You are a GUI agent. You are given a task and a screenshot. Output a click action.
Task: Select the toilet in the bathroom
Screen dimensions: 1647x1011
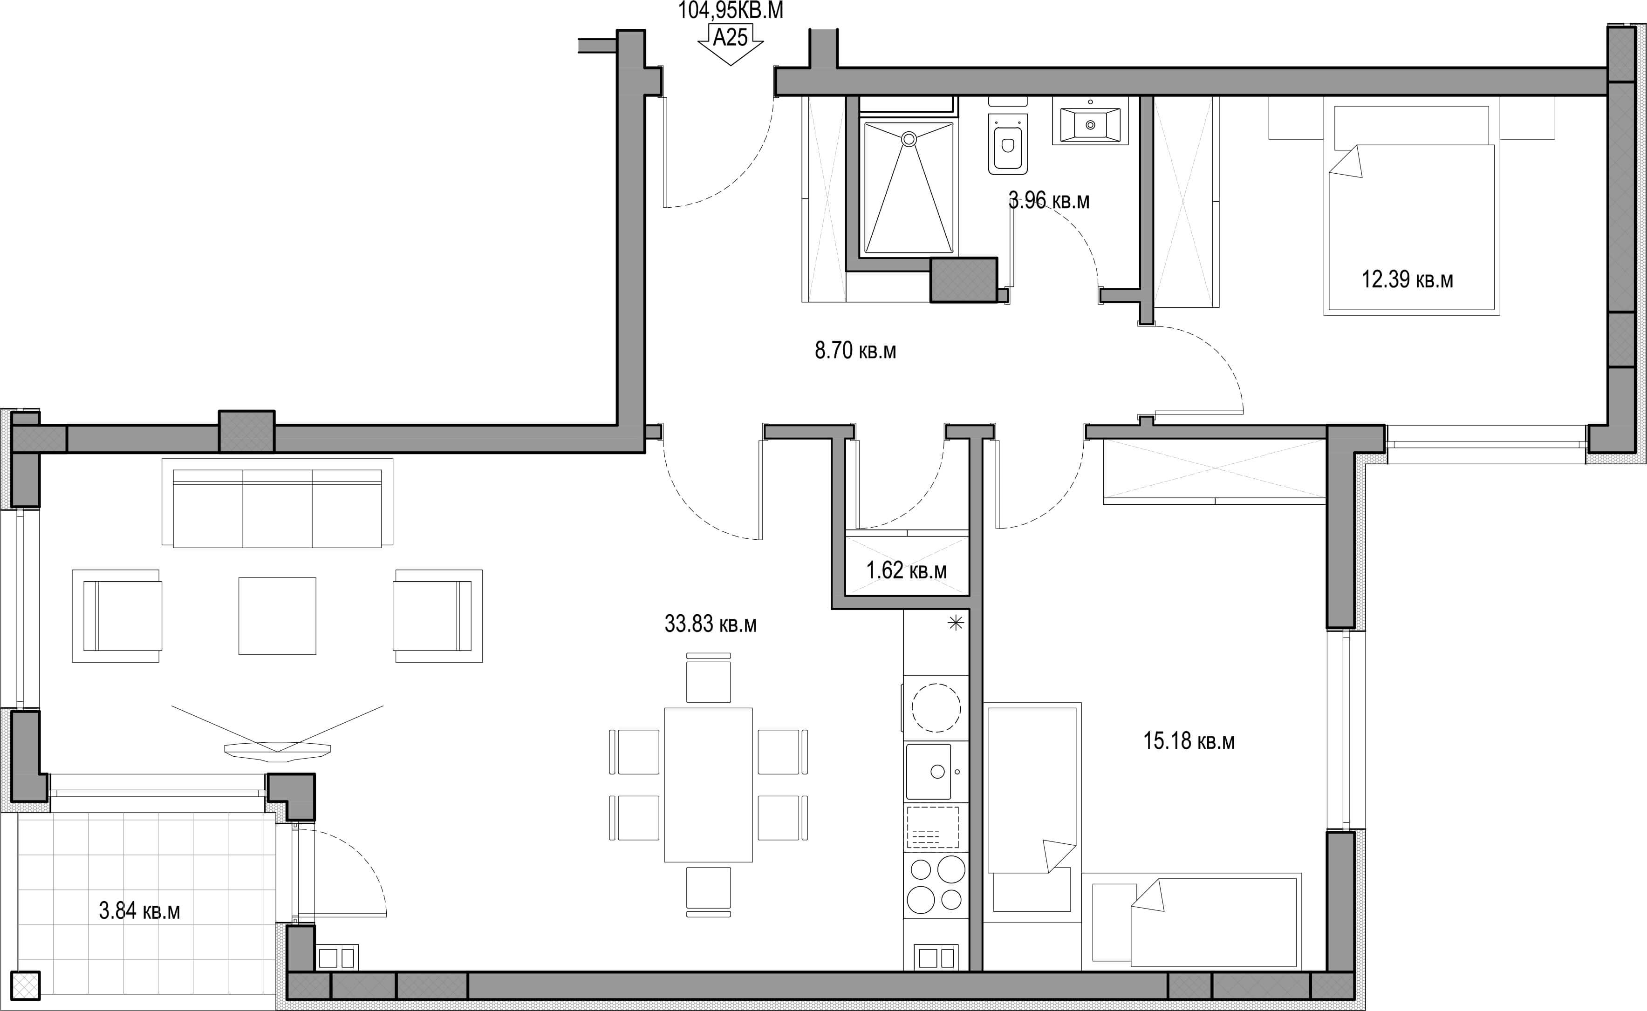pyautogui.click(x=1007, y=143)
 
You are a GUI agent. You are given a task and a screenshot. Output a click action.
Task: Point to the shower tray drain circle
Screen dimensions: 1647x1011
pyautogui.click(x=909, y=139)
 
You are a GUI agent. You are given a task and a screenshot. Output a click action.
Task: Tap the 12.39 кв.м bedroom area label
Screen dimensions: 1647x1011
pyautogui.click(x=1408, y=279)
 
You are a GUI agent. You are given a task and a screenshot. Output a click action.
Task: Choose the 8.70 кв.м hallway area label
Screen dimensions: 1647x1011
pyautogui.click(x=855, y=350)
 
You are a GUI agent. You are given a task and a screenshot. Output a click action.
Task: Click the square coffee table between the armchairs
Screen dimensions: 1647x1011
pyautogui.click(x=277, y=616)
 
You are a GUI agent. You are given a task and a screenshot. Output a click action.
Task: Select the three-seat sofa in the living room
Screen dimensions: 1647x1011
pyautogui.click(x=277, y=502)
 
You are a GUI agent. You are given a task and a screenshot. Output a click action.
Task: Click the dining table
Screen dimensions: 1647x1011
pyautogui.click(x=709, y=785)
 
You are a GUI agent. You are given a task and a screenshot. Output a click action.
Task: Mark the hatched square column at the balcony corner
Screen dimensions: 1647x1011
pyautogui.click(x=25, y=985)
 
